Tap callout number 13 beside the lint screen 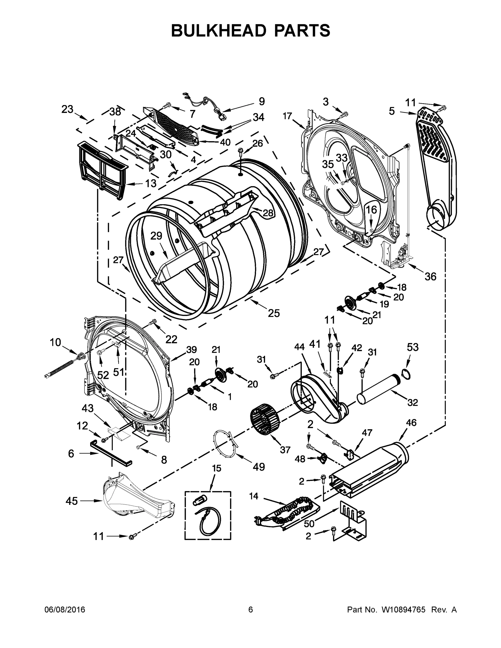point(151,183)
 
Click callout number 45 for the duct point(72,501)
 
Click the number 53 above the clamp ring point(413,347)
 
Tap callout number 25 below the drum point(274,313)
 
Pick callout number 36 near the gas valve point(430,276)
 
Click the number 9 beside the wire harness point(261,102)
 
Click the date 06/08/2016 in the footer point(65,610)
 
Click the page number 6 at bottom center point(251,610)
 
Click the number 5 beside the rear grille point(392,111)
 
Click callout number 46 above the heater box point(411,423)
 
